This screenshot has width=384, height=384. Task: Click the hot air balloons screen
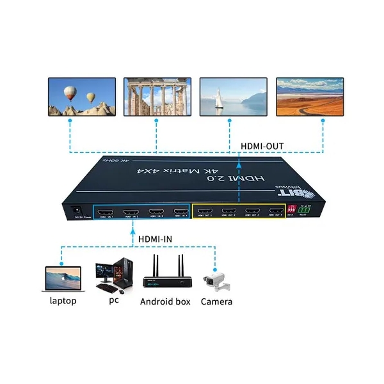pyautogui.click(x=82, y=97)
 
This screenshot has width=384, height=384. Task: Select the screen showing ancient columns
pyautogui.click(x=157, y=97)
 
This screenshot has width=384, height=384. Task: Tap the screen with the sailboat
pyautogui.click(x=233, y=97)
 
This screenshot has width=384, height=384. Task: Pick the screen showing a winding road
pyautogui.click(x=309, y=97)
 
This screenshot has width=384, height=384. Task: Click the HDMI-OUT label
pyautogui.click(x=262, y=146)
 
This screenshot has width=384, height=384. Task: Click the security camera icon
pyautogui.click(x=216, y=278)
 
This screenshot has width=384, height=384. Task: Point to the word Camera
pyautogui.click(x=216, y=301)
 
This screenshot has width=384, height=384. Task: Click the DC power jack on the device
pyautogui.click(x=76, y=209)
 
